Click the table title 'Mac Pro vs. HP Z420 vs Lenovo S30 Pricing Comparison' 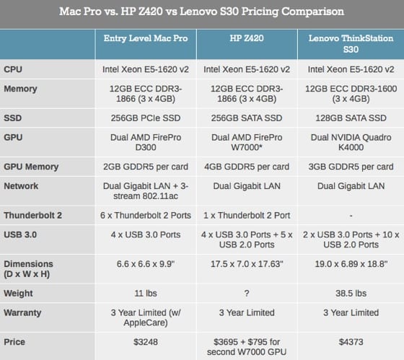(x=201, y=12)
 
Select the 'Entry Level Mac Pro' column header (x=146, y=38)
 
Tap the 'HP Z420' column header (x=247, y=38)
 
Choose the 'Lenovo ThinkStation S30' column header (x=351, y=43)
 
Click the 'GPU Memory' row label (x=31, y=167)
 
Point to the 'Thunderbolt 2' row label (x=32, y=215)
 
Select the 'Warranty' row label (x=22, y=312)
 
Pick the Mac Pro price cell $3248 (x=146, y=342)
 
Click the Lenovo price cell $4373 (x=351, y=342)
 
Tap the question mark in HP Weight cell (x=247, y=293)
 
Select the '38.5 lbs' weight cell (x=351, y=293)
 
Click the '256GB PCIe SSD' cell (x=146, y=118)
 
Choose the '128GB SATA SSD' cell (x=351, y=118)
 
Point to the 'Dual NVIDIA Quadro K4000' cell (x=351, y=142)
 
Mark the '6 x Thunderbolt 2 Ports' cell (x=146, y=215)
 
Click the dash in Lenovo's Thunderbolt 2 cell (x=351, y=216)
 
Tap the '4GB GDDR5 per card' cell (x=247, y=167)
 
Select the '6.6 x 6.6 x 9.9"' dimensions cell (x=146, y=264)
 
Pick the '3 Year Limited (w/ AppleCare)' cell (x=146, y=317)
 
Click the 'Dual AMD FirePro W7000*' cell (x=247, y=142)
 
